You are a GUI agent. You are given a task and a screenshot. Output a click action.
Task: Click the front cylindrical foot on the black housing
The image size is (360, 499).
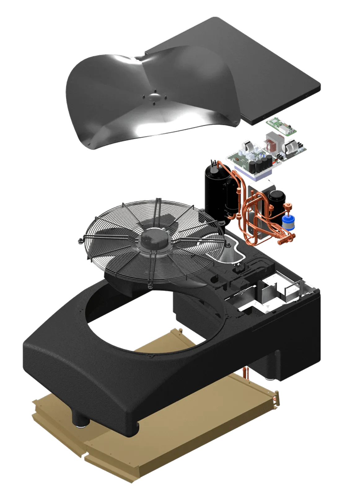(81, 419)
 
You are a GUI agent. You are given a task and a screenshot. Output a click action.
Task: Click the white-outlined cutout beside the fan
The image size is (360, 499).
(231, 248)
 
